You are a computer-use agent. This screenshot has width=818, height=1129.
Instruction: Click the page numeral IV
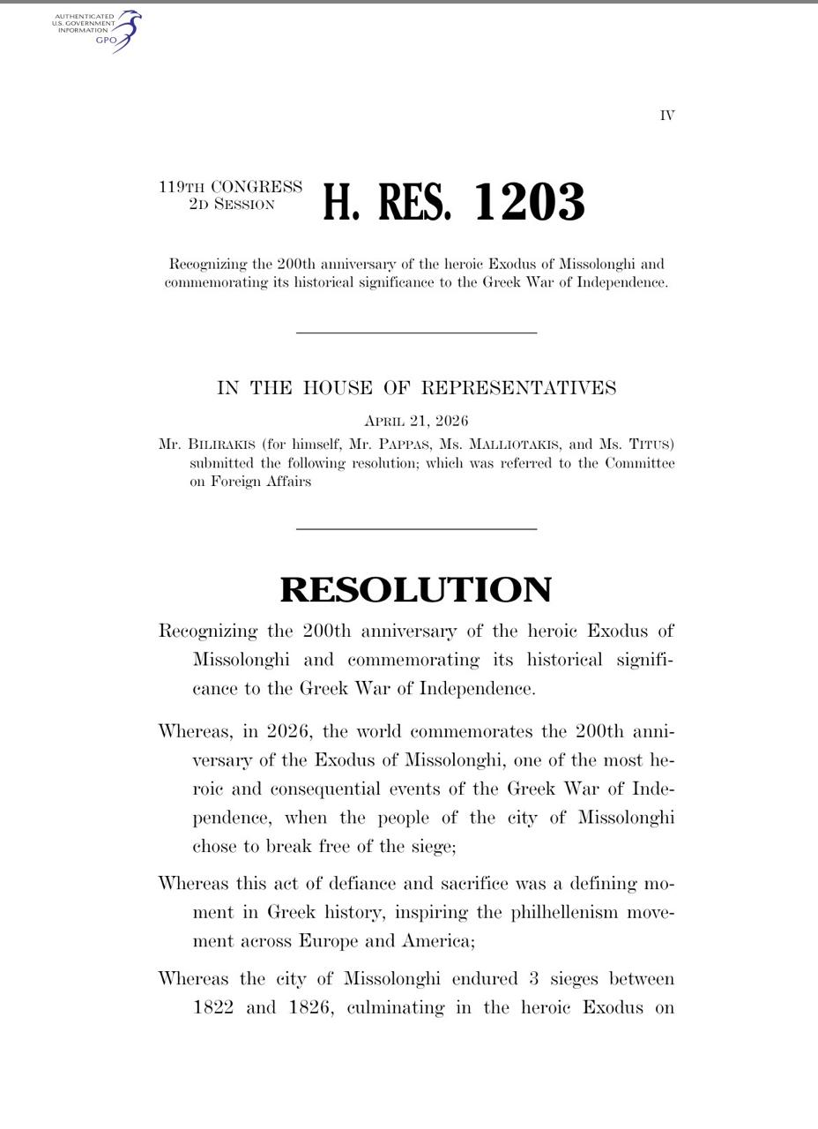[x=667, y=116]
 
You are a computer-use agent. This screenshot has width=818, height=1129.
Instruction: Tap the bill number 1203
[x=529, y=202]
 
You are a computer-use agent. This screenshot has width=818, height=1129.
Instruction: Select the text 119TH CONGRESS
[x=231, y=187]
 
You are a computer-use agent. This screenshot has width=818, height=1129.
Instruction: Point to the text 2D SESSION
[x=231, y=205]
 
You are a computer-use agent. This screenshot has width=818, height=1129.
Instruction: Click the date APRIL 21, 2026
[x=416, y=421]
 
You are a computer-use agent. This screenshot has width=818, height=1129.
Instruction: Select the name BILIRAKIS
[x=221, y=444]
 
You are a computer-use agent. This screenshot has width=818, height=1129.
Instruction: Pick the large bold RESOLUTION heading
[x=416, y=589]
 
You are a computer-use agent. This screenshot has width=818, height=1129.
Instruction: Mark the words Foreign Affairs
[x=261, y=482]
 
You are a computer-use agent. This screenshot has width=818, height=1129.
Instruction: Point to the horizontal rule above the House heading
[x=416, y=333]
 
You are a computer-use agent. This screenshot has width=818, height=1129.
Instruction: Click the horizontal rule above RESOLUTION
[x=416, y=529]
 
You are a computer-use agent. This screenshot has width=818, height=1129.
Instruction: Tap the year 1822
[x=212, y=1007]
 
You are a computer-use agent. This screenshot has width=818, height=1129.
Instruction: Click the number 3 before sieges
[x=534, y=979]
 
